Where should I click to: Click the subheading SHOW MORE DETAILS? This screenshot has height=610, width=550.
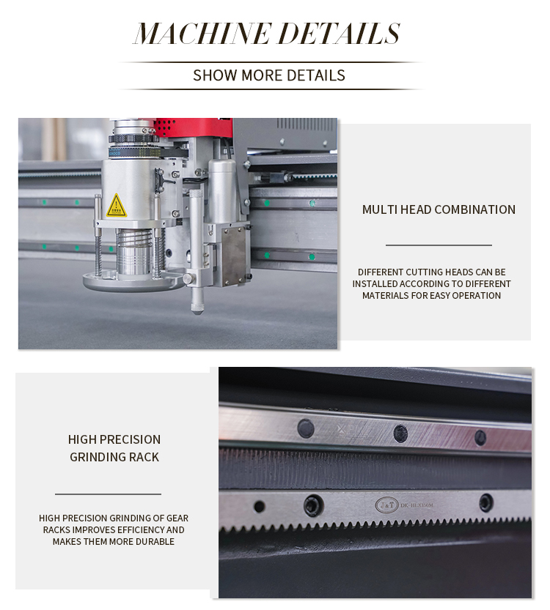tap(268, 75)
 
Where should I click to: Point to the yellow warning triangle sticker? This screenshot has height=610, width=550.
tap(116, 206)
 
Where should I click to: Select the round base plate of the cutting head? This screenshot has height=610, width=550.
tap(132, 279)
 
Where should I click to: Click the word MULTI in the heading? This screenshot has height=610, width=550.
tap(380, 209)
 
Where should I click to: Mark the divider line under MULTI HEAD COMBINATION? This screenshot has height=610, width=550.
tap(439, 245)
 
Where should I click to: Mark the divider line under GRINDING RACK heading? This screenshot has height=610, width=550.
tap(108, 494)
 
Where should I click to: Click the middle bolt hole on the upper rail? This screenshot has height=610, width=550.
tap(400, 433)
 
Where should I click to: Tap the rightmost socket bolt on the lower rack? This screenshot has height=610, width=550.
tap(485, 502)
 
